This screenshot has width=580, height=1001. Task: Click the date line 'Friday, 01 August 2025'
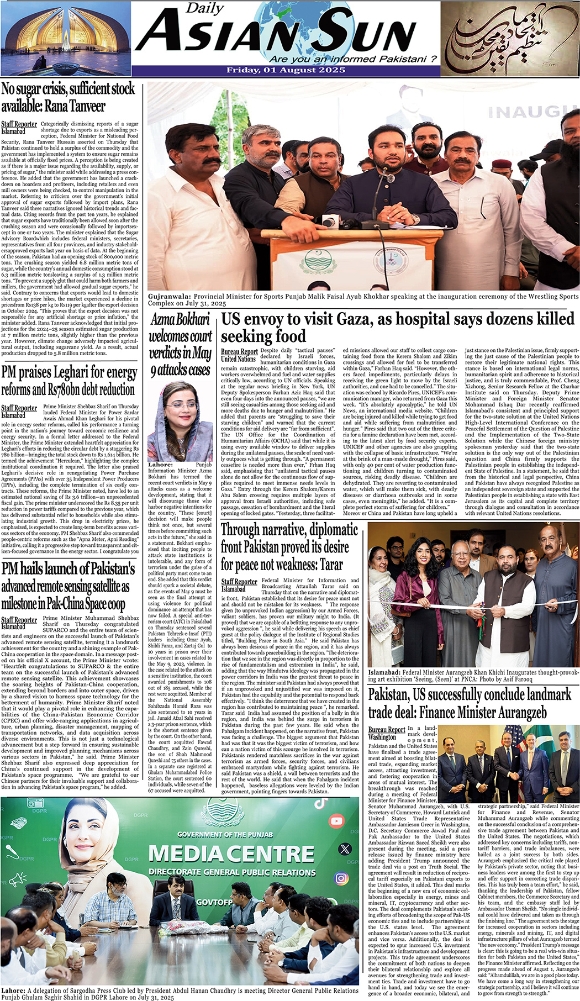[x=285, y=70]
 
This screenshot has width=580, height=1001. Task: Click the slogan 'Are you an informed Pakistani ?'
[x=353, y=59]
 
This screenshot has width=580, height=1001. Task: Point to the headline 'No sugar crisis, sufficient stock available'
[x=68, y=97]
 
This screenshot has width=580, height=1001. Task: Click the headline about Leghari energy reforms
[x=69, y=381]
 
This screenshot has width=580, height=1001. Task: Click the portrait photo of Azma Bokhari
[x=181, y=421]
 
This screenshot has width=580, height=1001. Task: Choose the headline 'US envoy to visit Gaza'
[x=398, y=327]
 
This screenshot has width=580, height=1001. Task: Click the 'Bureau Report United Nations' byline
[x=239, y=355]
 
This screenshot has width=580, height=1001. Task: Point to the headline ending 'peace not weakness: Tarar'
[x=289, y=547]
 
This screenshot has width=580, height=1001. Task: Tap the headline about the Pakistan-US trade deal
[x=470, y=703]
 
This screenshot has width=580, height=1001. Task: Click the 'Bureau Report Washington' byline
[x=387, y=733]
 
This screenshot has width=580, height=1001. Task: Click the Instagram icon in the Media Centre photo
[x=341, y=878]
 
